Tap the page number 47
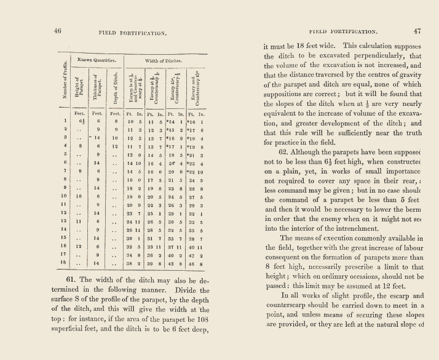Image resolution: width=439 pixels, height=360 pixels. coord(418,30)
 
